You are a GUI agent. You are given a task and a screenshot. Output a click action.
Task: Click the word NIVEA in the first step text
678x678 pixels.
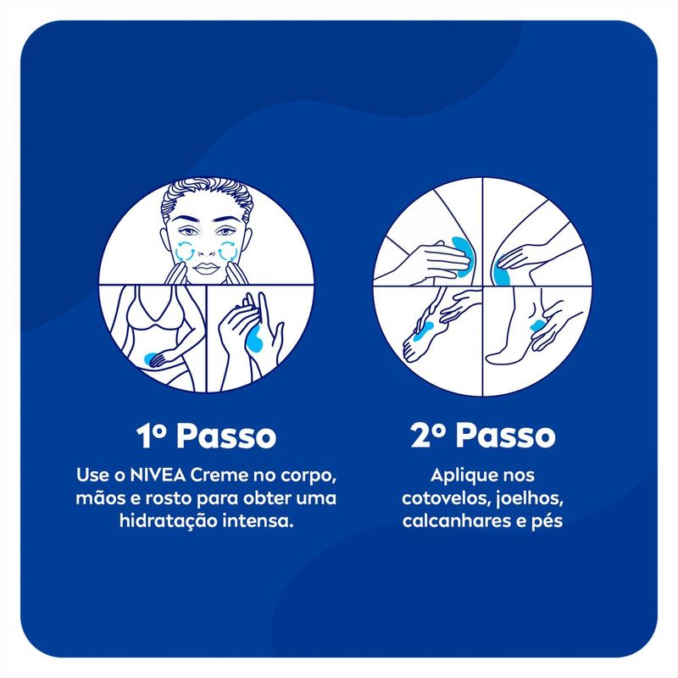[158, 475]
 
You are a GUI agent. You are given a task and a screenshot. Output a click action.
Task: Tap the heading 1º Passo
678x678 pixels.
[206, 436]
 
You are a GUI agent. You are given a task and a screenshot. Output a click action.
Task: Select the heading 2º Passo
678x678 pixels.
[483, 435]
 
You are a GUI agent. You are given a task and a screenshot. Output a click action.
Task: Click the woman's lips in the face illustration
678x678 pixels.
[206, 268]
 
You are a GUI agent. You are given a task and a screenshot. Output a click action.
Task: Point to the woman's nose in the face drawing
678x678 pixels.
[206, 248]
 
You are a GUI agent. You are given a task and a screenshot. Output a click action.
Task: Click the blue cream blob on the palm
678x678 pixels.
[253, 336]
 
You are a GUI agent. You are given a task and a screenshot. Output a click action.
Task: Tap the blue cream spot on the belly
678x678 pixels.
[151, 358]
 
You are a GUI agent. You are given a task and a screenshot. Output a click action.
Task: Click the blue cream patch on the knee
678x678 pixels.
[501, 272]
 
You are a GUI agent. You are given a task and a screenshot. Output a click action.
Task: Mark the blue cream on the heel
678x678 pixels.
[538, 325]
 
